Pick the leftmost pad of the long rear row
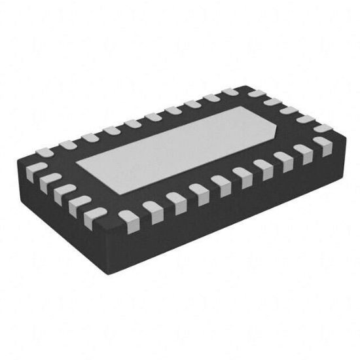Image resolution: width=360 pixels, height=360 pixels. (45, 153)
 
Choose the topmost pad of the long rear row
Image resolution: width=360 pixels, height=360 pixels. (230, 94)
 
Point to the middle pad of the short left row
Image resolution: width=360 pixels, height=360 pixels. (63, 191)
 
